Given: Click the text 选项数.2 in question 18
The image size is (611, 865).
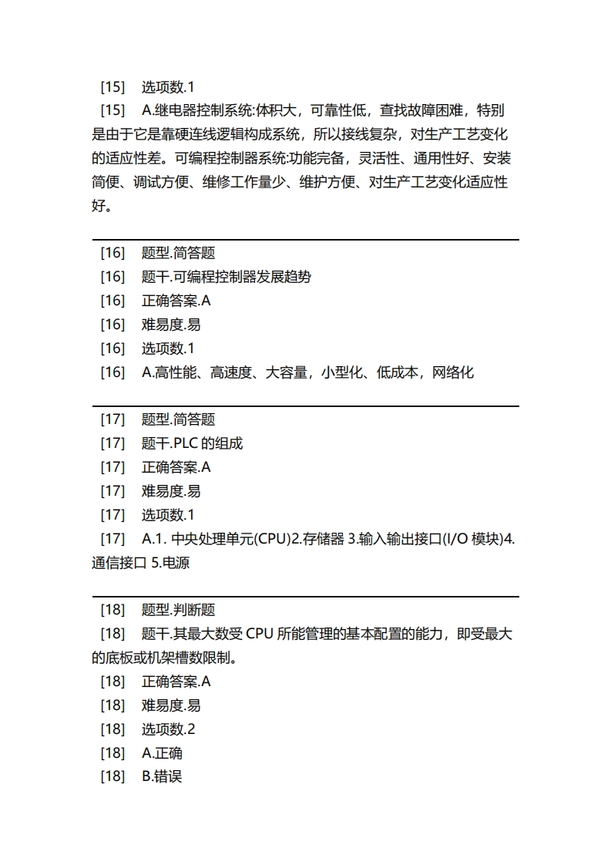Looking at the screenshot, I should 168,729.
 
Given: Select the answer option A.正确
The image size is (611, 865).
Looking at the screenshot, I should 162,753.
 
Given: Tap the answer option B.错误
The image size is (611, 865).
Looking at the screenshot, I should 162,777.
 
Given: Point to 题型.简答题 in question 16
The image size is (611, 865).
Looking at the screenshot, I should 178,253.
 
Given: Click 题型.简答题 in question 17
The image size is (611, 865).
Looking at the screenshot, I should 178,419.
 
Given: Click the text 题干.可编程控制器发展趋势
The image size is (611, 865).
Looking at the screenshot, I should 226,277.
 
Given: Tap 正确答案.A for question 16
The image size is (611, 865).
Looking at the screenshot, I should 176,301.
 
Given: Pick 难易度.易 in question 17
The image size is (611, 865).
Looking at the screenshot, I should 171,491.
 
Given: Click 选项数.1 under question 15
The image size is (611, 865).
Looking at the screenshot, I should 168,86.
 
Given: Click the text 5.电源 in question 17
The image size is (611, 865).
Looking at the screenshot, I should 170,563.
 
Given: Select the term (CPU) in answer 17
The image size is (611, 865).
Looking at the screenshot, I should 272,539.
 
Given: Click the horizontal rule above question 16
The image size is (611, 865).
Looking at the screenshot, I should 305,240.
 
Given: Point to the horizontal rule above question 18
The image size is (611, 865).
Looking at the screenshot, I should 305,596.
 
